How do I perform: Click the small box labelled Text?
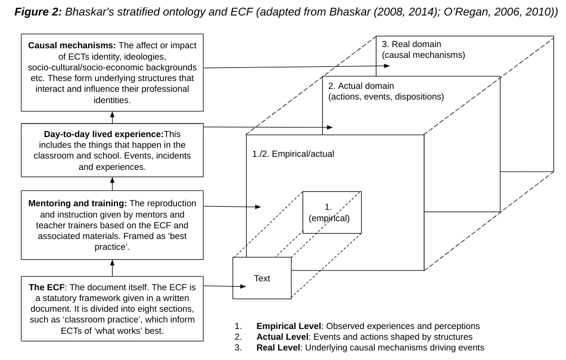(x=262, y=278)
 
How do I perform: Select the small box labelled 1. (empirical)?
(x=332, y=212)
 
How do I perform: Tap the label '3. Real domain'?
(x=411, y=44)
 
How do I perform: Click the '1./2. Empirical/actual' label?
(x=293, y=153)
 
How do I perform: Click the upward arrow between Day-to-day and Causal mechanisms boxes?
(x=112, y=117)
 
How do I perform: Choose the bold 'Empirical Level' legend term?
(x=288, y=327)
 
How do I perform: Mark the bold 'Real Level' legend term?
(x=278, y=347)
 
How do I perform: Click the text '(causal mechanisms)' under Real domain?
(x=424, y=55)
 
